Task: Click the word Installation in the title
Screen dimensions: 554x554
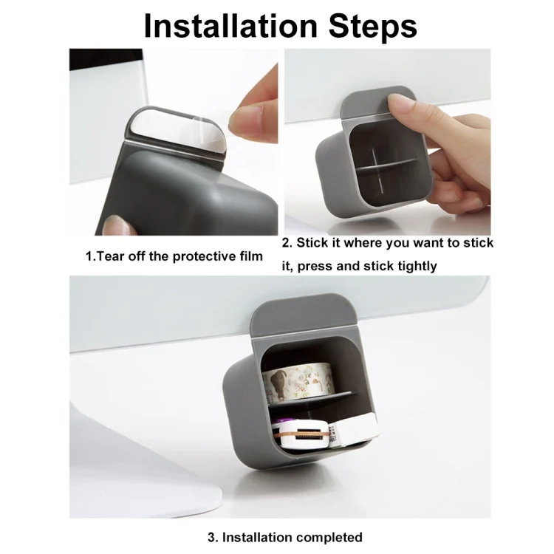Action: [231, 27]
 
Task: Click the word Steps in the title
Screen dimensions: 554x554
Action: [373, 27]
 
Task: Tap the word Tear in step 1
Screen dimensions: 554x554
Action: [110, 256]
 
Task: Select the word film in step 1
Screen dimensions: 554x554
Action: [253, 256]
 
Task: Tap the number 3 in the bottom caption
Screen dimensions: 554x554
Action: [213, 538]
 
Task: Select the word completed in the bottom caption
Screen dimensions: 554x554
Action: [326, 538]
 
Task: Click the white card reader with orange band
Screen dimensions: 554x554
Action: [301, 435]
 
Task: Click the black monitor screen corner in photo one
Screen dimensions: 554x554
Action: [106, 59]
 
